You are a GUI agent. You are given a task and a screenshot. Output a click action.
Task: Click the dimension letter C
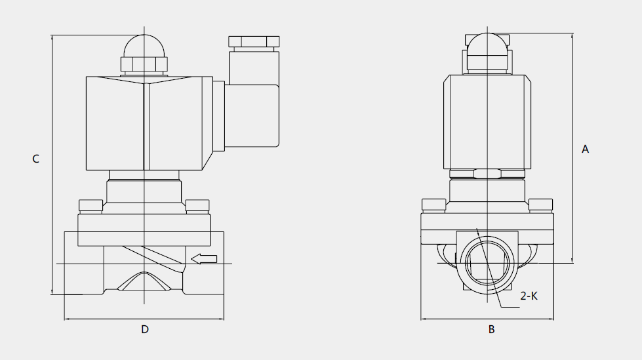35,159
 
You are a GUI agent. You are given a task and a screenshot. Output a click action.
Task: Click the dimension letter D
145,329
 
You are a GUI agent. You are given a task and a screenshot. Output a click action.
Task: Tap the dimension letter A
585,149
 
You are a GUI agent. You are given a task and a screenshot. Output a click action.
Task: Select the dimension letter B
491,329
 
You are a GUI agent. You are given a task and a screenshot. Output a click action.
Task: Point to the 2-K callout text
529,296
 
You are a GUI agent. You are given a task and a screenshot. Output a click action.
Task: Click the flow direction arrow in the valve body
204,259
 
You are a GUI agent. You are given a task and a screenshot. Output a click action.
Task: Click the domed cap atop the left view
144,46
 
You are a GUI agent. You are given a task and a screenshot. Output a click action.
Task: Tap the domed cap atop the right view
487,44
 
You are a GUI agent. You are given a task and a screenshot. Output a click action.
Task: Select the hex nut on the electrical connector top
254,41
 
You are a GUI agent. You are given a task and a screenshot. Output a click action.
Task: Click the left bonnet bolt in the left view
90,206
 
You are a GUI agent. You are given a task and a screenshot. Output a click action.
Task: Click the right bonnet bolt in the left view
197,206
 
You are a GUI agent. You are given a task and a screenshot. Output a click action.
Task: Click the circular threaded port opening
487,264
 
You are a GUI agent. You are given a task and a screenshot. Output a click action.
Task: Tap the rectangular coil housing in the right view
487,122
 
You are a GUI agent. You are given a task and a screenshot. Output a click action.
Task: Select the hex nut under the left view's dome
144,65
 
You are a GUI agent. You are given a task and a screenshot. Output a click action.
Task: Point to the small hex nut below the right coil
487,174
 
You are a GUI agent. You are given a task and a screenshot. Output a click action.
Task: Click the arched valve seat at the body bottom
144,281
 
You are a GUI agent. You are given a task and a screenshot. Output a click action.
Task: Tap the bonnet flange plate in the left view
144,230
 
